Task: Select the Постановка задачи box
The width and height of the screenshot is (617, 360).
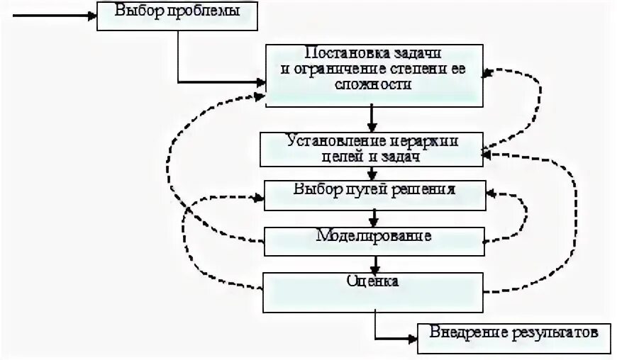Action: (x=373, y=76)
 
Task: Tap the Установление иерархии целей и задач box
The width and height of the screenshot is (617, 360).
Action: (x=371, y=150)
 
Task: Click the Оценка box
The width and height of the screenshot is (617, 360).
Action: (x=373, y=291)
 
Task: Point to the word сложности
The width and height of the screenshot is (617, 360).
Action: (x=374, y=84)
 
